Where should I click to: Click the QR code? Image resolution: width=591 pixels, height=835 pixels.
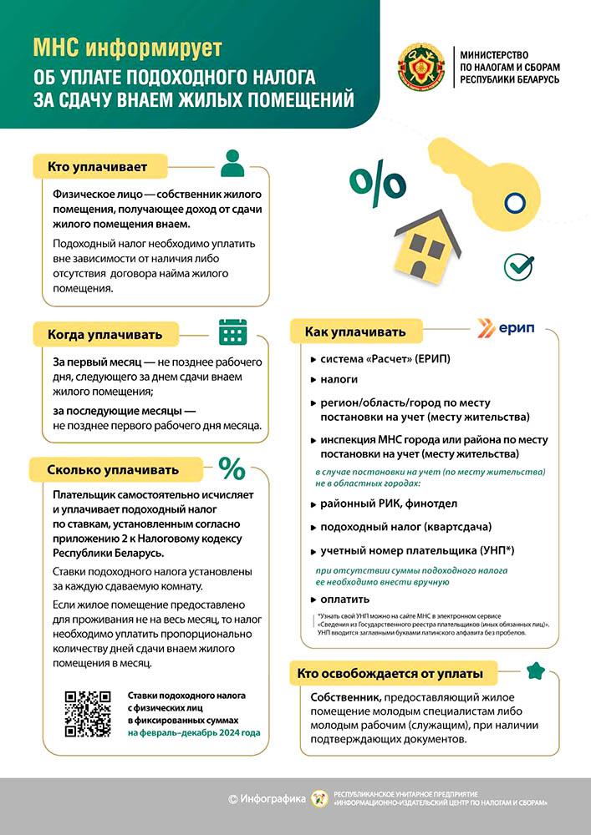coord(88,714)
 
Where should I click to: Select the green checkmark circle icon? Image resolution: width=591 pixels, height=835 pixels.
coord(518,266)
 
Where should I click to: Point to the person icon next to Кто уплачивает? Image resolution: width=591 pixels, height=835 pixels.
coord(233,163)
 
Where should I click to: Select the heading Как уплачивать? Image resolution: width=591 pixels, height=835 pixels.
coord(354,331)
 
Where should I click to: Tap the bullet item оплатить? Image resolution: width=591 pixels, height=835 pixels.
coord(344,600)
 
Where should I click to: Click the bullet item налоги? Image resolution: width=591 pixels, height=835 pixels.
coord(339,379)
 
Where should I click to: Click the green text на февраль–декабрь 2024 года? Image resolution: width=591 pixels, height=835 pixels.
coord(194,733)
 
